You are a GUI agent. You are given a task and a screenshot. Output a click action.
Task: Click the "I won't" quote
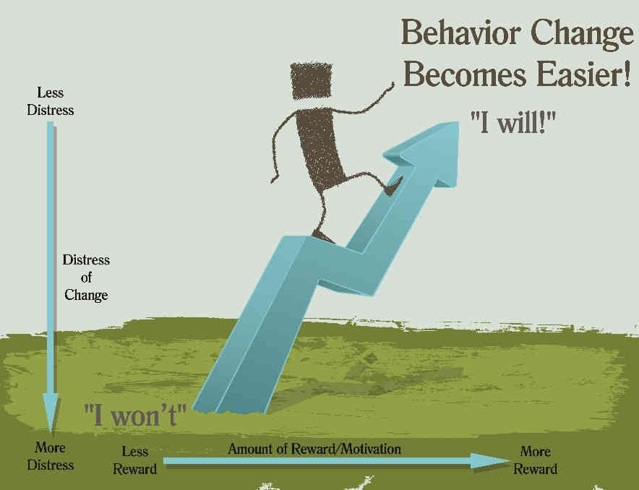(x=135, y=416)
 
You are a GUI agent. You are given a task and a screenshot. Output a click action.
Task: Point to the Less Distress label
(x=51, y=101)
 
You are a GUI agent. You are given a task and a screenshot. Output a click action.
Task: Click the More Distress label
(x=51, y=457)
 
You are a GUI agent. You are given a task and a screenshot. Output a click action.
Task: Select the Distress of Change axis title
(x=86, y=278)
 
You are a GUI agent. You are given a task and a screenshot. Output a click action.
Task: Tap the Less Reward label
(x=135, y=460)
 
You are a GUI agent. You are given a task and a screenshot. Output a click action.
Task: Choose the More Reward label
(x=536, y=460)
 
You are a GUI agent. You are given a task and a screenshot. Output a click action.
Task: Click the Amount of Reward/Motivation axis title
(x=314, y=449)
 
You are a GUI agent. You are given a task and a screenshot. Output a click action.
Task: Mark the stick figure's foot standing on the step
(x=322, y=236)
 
